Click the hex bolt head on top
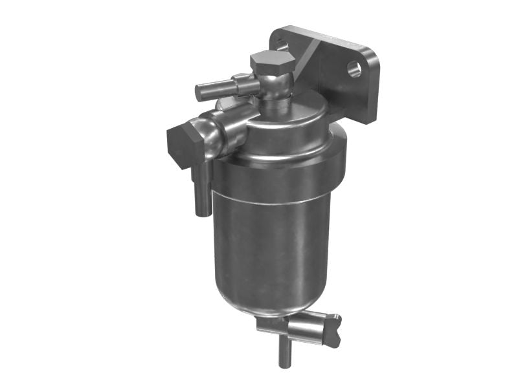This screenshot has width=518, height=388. coord(273,62)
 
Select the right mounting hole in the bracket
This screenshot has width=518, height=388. coord(354,69)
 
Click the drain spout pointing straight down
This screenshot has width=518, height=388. coord(284,352)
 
